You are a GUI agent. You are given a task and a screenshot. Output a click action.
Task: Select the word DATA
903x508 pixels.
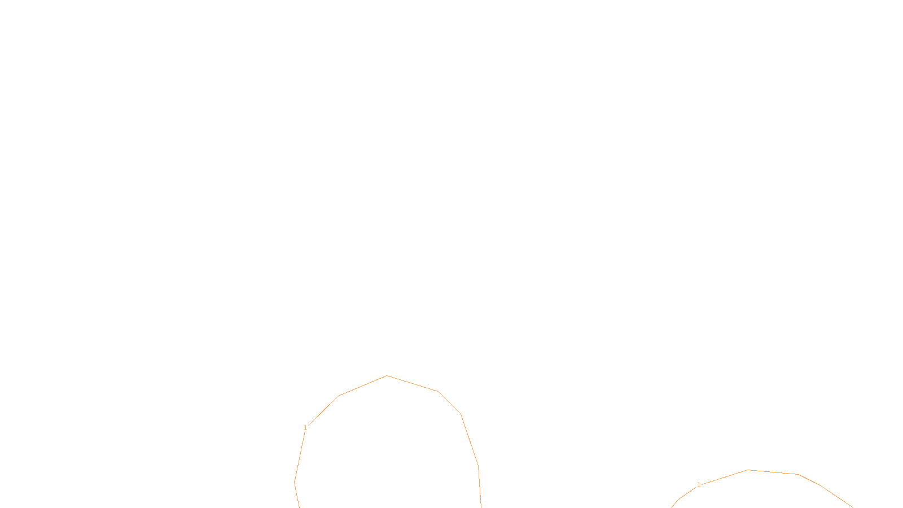477,499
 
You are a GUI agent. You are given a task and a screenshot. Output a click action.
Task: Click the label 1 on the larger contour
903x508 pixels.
305,428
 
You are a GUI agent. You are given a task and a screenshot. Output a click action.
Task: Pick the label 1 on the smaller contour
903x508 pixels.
699,485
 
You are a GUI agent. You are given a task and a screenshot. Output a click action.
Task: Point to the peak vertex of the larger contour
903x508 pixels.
387,375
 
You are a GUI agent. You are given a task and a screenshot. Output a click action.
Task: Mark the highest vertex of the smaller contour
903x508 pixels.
748,470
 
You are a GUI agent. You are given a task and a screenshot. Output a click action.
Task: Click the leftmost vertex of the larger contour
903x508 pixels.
295,482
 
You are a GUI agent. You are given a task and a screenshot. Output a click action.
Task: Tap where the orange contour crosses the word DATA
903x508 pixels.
480,499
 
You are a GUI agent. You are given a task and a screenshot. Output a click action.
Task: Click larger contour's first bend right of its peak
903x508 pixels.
438,391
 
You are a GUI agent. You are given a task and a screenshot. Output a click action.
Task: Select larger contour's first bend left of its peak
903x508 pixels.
339,396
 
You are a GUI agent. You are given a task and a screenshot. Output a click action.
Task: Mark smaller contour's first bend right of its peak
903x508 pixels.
798,474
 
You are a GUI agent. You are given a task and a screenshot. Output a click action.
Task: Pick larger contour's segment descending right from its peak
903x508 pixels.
413,383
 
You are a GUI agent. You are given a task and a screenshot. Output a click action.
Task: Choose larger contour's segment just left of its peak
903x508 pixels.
363,386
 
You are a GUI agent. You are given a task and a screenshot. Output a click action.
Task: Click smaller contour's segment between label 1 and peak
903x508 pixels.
725,477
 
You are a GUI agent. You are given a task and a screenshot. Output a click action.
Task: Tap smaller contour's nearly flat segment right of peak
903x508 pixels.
773,472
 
